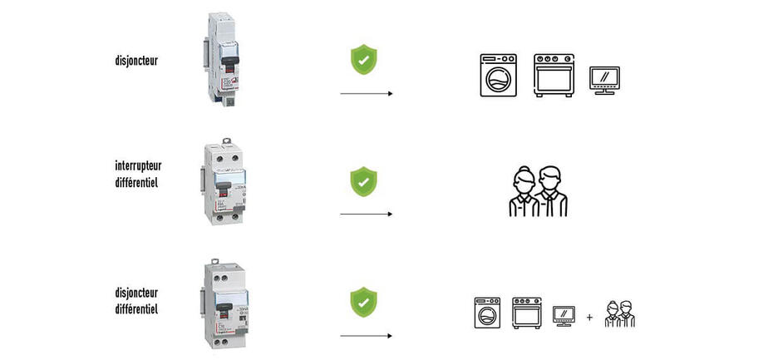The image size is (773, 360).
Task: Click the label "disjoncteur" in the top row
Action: tap(137, 60)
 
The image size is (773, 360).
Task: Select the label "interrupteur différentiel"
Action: tap(138, 173)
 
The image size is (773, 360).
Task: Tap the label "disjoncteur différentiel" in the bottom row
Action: tap(137, 300)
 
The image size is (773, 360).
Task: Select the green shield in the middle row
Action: tap(362, 180)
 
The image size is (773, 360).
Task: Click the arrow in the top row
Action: tap(367, 94)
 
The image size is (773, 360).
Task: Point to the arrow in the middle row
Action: tap(367, 215)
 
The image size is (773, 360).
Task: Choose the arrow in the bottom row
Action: tap(367, 336)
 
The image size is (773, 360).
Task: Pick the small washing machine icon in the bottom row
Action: tap(486, 312)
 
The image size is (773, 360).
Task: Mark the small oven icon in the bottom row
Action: tap(527, 312)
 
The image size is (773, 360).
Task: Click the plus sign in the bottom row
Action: tap(589, 317)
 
